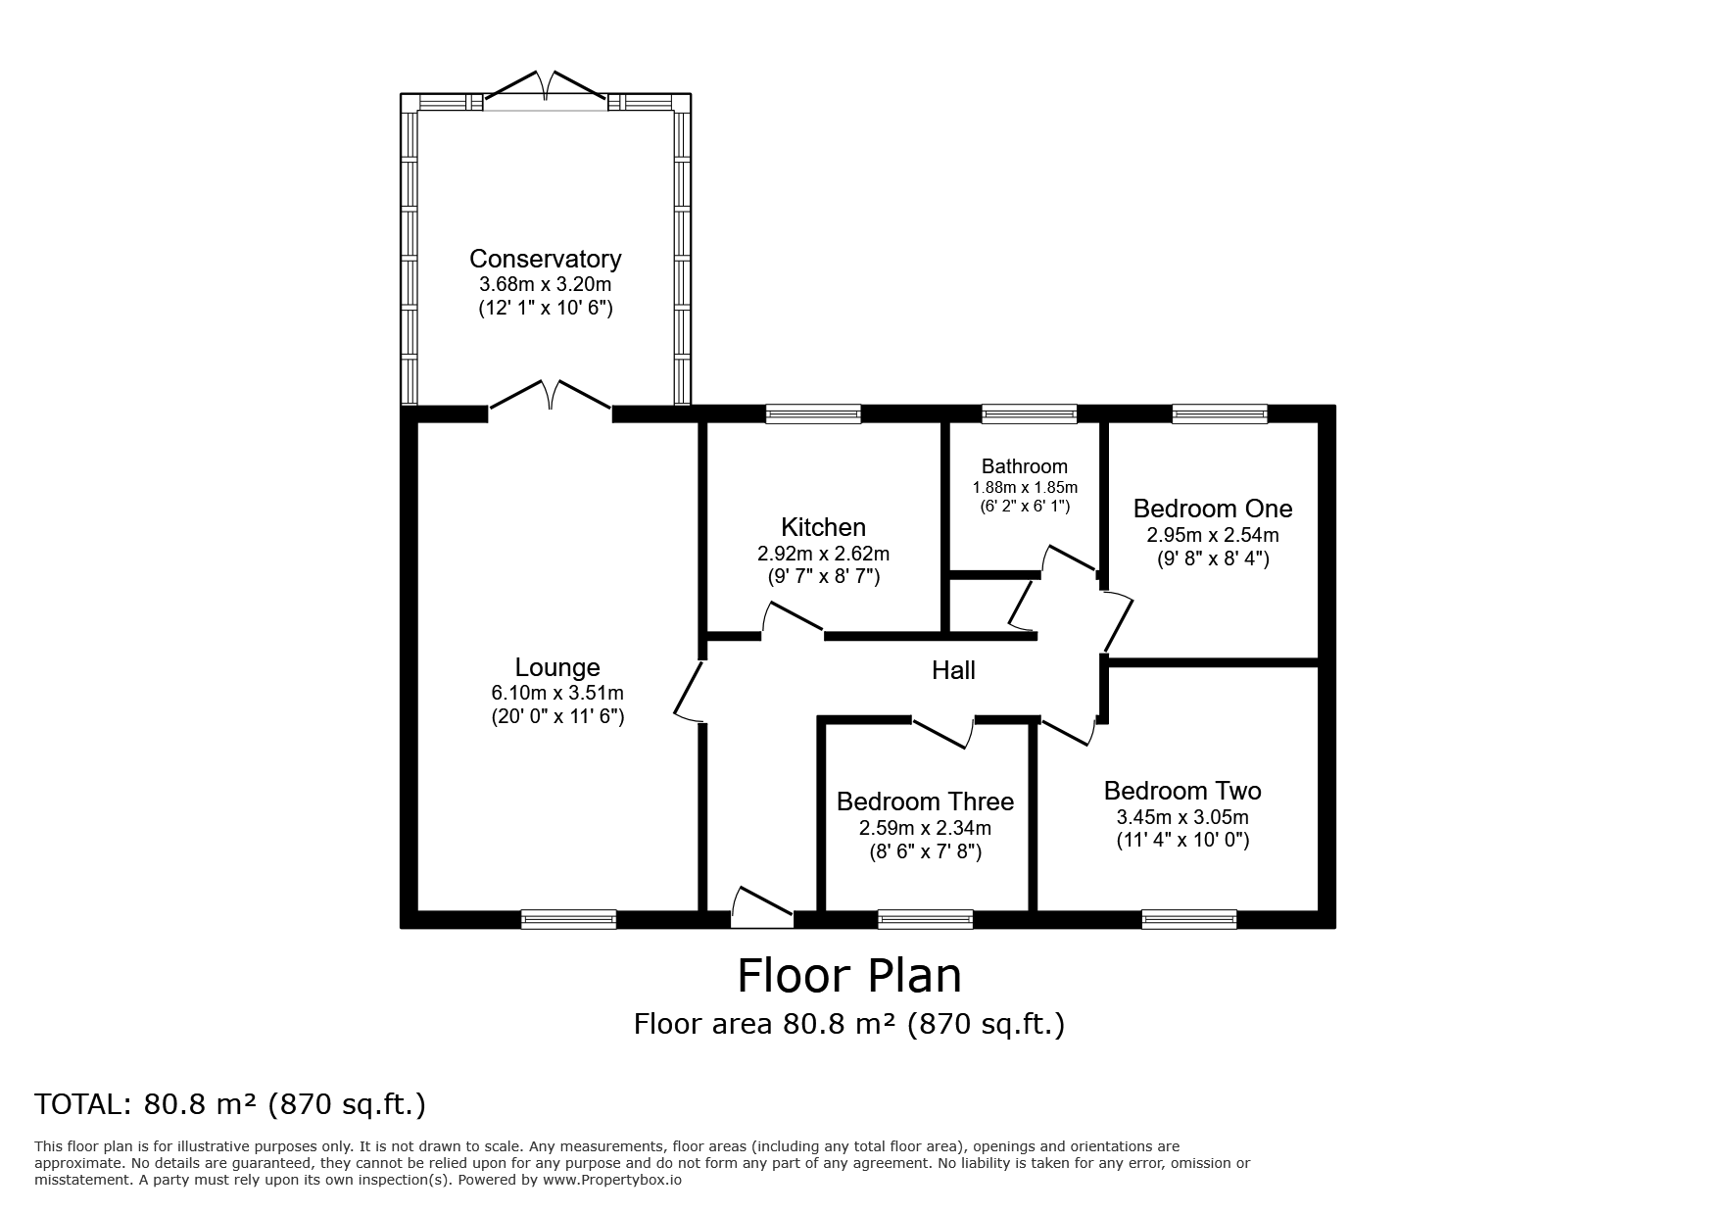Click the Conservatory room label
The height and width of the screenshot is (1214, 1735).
pyautogui.click(x=545, y=259)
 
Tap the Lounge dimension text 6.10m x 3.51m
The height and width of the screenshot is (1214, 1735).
pyautogui.click(x=557, y=693)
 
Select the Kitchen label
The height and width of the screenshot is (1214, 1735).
pyautogui.click(x=823, y=527)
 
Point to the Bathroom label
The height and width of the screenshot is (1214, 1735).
pyautogui.click(x=1025, y=466)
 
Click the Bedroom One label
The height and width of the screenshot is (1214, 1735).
pyautogui.click(x=1213, y=509)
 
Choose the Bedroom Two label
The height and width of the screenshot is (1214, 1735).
pyautogui.click(x=1182, y=791)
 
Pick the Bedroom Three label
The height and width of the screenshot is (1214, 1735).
pyautogui.click(x=925, y=801)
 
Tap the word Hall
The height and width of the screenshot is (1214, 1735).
pyautogui.click(x=953, y=670)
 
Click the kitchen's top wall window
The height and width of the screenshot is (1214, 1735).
pyautogui.click(x=813, y=413)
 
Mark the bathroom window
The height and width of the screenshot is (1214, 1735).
pyautogui.click(x=1029, y=413)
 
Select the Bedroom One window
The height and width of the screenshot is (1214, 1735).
pyautogui.click(x=1220, y=413)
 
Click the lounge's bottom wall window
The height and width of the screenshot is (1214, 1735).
pyautogui.click(x=568, y=919)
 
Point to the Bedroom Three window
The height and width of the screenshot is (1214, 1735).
pyautogui.click(x=926, y=919)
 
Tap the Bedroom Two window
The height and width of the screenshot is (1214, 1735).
pyautogui.click(x=1189, y=919)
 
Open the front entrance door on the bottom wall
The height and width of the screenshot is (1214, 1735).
pyautogui.click(x=762, y=907)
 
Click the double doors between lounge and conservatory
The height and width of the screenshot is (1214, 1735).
pyautogui.click(x=551, y=396)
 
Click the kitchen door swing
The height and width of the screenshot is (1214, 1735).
pyautogui.click(x=793, y=618)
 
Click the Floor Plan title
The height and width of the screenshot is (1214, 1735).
pyautogui.click(x=849, y=976)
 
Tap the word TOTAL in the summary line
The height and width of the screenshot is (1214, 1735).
pyautogui.click(x=81, y=1104)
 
